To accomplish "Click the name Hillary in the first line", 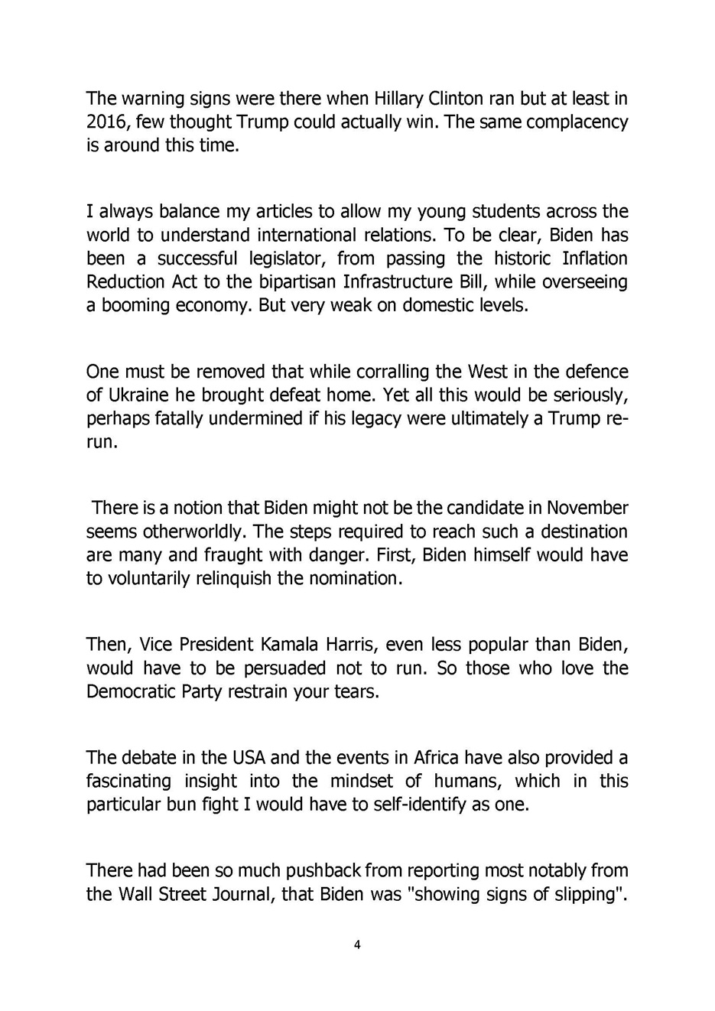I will point(399,99).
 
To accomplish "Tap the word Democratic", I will point(136,692).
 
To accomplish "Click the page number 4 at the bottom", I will point(357,944).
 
